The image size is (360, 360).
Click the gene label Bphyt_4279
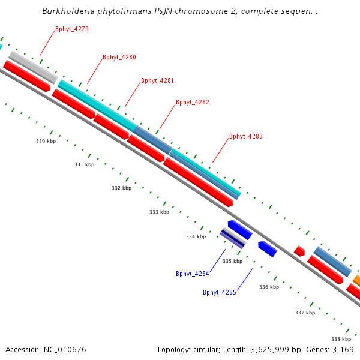click(x=72, y=29)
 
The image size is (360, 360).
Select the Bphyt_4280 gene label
click(x=119, y=58)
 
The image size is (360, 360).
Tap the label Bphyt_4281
click(x=158, y=80)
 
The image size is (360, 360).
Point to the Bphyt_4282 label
click(x=193, y=103)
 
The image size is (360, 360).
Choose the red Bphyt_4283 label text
click(x=246, y=137)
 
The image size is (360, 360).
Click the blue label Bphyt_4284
click(x=193, y=274)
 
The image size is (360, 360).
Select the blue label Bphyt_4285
click(x=220, y=293)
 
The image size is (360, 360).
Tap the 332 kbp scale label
click(x=121, y=188)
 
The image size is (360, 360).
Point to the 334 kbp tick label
click(x=196, y=237)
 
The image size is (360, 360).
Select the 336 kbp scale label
click(x=269, y=287)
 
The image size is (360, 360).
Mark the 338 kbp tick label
click(x=341, y=339)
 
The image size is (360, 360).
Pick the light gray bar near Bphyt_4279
click(x=33, y=67)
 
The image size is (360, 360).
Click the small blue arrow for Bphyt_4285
click(x=267, y=248)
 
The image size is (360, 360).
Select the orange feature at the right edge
click(x=356, y=280)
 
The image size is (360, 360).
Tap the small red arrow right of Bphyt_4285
click(x=299, y=251)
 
